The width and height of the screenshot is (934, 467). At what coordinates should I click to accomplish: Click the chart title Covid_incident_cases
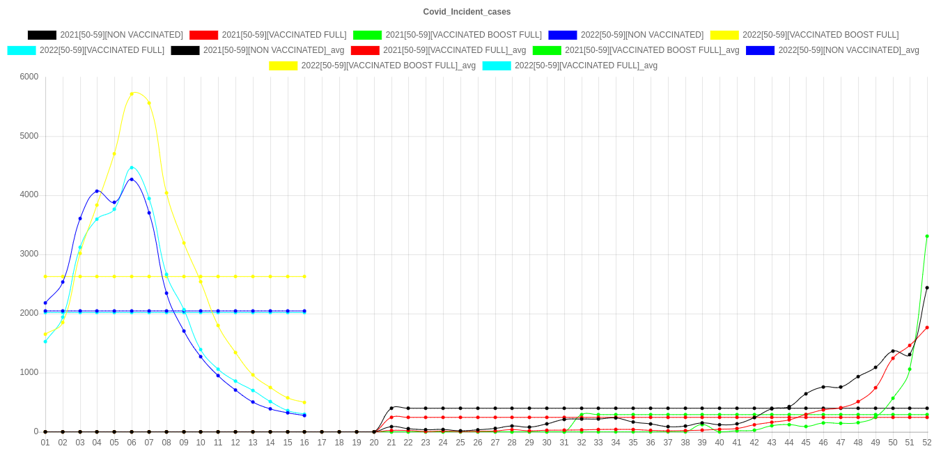click(x=467, y=12)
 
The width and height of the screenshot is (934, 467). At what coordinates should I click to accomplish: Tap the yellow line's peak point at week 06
click(x=132, y=93)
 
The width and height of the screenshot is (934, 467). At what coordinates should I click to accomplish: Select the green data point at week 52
click(x=927, y=236)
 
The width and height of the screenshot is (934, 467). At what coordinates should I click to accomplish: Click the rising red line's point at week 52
click(x=927, y=328)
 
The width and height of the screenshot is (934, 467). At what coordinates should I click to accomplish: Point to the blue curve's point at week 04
click(x=97, y=191)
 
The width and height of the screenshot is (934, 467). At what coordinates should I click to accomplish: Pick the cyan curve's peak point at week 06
click(x=132, y=168)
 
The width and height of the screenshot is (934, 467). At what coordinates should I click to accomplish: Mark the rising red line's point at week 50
click(x=892, y=358)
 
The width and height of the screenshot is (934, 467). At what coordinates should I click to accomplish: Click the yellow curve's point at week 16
click(x=304, y=402)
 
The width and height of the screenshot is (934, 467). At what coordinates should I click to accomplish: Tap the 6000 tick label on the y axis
click(x=29, y=77)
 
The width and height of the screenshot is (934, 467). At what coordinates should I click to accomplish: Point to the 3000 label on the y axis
click(x=29, y=254)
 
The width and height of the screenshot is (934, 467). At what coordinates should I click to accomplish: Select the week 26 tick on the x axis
click(x=478, y=442)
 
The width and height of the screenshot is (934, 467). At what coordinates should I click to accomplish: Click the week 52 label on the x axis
click(x=927, y=442)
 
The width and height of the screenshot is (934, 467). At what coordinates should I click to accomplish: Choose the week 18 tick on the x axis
click(x=339, y=442)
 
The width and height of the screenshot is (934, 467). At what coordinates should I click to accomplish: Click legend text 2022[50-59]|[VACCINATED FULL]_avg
click(x=586, y=66)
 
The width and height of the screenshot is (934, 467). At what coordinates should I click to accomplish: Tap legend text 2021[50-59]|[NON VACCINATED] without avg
click(x=121, y=35)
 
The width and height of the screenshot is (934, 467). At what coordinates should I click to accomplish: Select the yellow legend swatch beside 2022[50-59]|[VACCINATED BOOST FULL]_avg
click(x=283, y=66)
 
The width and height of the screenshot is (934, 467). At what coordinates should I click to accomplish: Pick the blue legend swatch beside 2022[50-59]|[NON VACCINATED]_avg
click(x=760, y=50)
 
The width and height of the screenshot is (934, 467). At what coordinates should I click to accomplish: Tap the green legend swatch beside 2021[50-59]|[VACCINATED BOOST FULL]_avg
click(x=546, y=50)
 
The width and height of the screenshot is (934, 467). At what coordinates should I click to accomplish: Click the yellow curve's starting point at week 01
click(x=45, y=334)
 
